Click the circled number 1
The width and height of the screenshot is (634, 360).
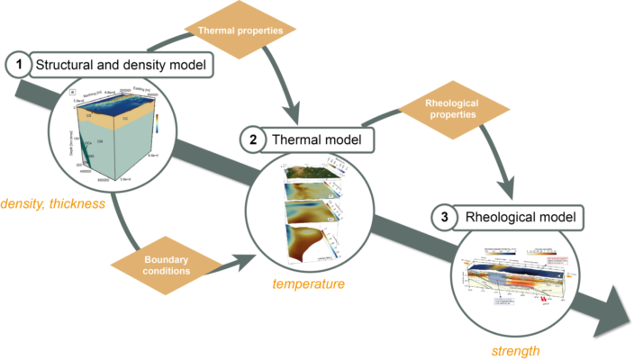click(17, 65)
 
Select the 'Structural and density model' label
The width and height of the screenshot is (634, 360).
click(122, 65)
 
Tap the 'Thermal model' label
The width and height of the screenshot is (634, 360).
click(312, 139)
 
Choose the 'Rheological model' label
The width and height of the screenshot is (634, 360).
click(515, 218)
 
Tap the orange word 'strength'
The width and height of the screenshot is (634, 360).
click(516, 351)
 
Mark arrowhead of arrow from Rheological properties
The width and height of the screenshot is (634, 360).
click(512, 191)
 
